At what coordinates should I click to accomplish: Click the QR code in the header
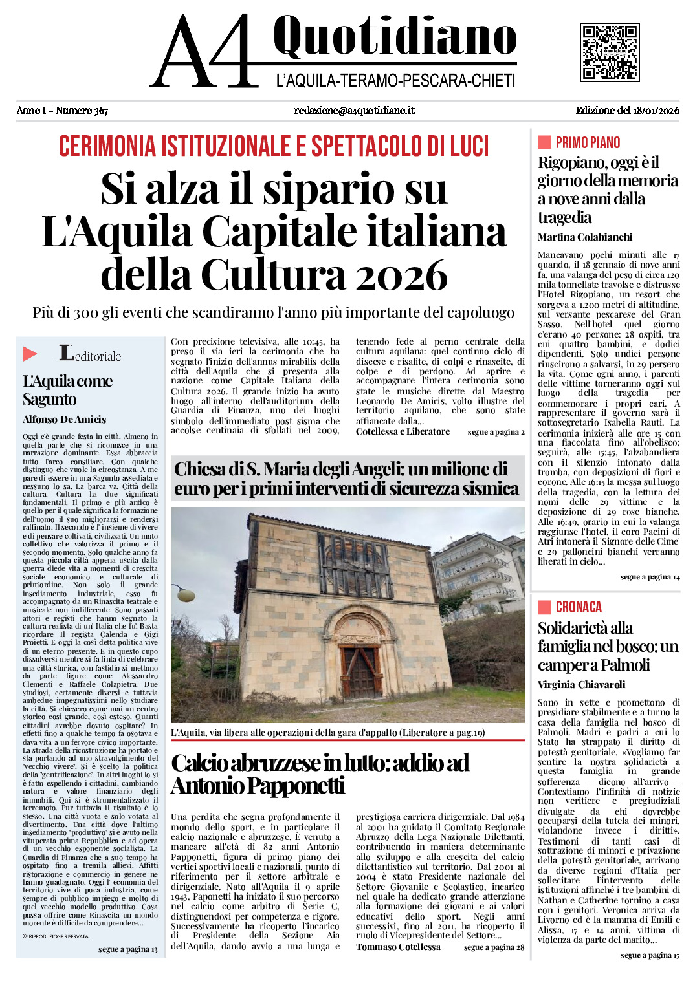[x=610, y=52]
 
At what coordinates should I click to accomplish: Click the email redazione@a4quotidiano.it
[x=354, y=111]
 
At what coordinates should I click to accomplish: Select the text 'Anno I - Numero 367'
[x=62, y=111]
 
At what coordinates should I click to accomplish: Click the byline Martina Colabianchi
[x=584, y=237]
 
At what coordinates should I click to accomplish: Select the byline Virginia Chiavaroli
[x=581, y=685]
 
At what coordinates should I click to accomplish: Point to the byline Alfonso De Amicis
[x=64, y=419]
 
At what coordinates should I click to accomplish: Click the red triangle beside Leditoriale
[x=30, y=354]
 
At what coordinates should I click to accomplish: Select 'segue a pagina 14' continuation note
[x=650, y=577]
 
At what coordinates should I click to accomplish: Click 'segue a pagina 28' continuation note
[x=494, y=947]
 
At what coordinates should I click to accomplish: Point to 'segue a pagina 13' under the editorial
[x=127, y=949]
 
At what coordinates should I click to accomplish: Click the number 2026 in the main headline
[x=402, y=275]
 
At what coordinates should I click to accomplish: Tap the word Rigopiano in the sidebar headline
[x=570, y=162]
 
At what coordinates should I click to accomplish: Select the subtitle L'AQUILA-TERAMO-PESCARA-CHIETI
[x=395, y=81]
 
